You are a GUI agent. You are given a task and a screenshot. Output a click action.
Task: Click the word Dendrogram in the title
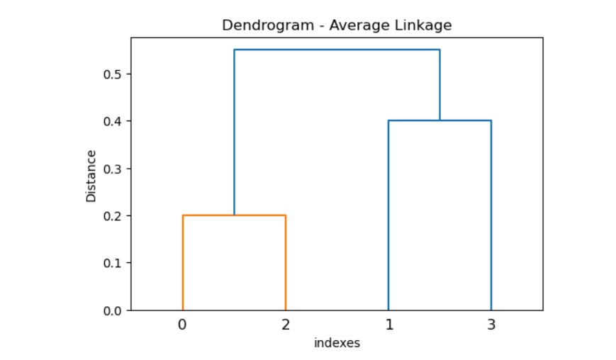click(x=257, y=26)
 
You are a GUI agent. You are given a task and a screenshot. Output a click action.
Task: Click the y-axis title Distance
click(x=91, y=176)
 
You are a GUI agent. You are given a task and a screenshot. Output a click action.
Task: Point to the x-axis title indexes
click(x=337, y=344)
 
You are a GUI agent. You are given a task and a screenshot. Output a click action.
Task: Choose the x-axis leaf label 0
click(x=183, y=325)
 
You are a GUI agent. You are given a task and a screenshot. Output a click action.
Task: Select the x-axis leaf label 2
click(x=286, y=325)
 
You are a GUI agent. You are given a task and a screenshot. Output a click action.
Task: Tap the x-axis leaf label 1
click(x=388, y=325)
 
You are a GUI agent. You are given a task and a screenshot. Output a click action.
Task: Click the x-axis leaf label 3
click(x=491, y=325)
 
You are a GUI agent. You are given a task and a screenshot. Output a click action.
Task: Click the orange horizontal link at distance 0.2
click(x=234, y=215)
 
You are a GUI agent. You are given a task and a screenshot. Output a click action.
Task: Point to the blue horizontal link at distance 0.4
click(x=439, y=121)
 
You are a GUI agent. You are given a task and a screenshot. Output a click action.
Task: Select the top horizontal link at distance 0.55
click(x=337, y=50)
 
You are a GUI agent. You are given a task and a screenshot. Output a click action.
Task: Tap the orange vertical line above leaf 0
click(x=183, y=262)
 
